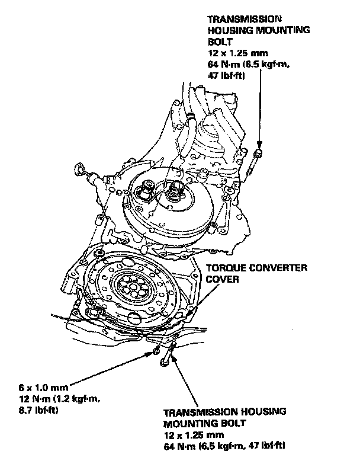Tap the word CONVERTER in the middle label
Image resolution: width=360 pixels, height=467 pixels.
279,268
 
